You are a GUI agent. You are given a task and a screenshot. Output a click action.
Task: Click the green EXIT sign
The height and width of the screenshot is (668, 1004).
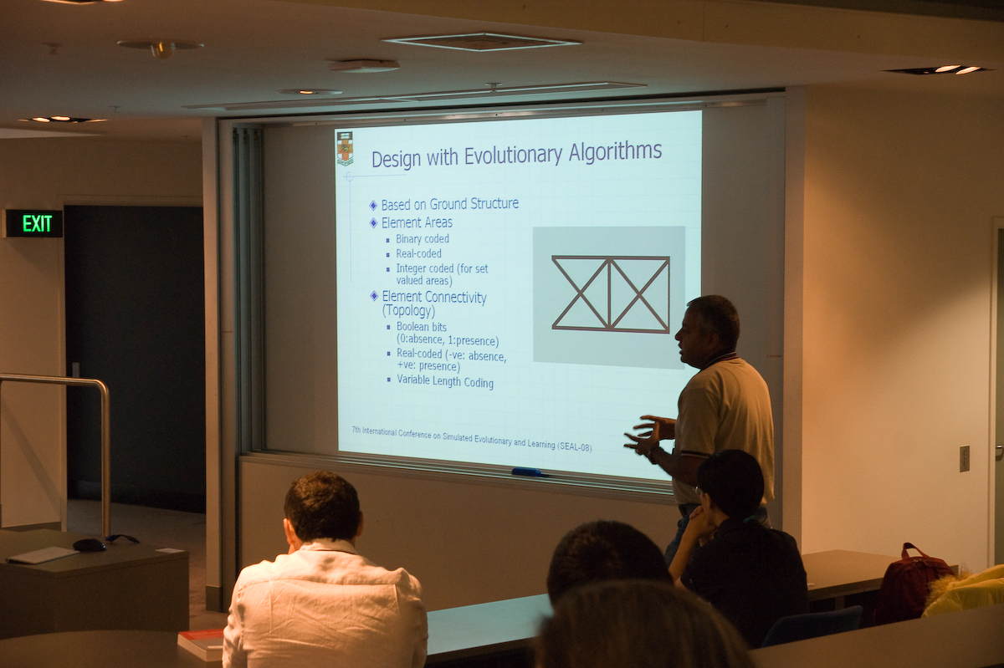(x=33, y=223)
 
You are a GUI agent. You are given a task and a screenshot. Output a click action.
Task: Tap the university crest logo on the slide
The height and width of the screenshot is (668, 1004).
(x=345, y=149)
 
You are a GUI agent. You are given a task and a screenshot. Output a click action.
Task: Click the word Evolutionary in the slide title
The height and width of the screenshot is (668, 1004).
(x=513, y=156)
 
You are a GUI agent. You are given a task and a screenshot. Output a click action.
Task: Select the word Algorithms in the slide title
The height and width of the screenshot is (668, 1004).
(x=615, y=151)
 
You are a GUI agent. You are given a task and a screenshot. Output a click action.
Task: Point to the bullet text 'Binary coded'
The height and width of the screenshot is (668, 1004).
(x=423, y=239)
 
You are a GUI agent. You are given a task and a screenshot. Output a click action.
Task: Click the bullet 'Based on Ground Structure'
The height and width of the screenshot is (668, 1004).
(x=449, y=204)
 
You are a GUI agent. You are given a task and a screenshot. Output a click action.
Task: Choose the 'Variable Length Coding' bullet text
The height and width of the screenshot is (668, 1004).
(x=445, y=382)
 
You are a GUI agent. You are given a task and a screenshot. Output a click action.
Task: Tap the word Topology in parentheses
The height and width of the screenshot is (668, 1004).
(x=408, y=310)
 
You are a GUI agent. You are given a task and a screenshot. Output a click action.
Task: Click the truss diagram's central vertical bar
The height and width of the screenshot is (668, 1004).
(x=610, y=294)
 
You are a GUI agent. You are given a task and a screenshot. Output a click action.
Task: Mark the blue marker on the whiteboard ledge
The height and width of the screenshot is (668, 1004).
(x=526, y=472)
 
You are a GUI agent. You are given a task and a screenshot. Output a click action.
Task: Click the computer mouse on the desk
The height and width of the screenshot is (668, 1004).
(x=90, y=544)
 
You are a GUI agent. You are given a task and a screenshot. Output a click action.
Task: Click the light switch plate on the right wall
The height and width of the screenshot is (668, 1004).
(x=965, y=458)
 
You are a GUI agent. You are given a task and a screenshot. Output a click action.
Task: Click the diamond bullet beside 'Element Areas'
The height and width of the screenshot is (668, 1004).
(x=373, y=222)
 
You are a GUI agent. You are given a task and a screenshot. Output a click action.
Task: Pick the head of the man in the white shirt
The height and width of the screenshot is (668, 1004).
(x=323, y=508)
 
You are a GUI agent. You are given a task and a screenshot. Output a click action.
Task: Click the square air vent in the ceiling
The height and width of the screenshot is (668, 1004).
(x=481, y=42)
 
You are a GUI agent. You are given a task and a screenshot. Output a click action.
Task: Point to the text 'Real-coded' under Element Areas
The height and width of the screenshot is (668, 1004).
(x=418, y=253)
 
